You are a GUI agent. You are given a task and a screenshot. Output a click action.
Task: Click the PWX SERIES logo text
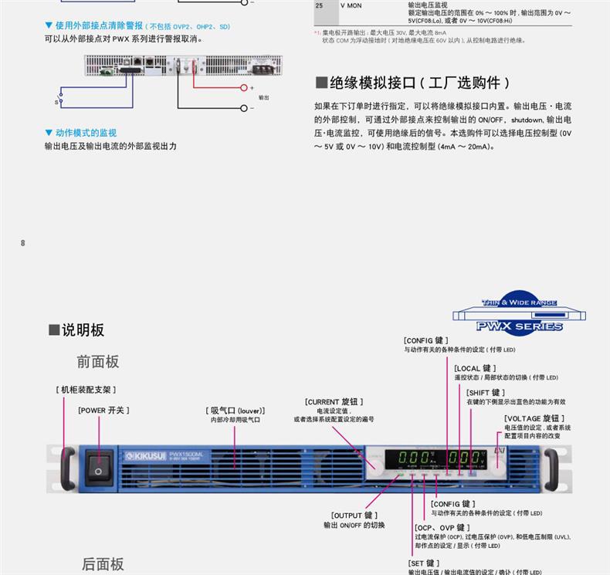tap(519, 326)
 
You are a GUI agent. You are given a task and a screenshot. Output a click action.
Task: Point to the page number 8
tap(22, 243)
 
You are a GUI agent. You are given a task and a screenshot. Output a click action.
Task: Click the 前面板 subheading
tap(97, 361)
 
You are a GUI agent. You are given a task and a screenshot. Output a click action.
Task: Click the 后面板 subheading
tap(103, 564)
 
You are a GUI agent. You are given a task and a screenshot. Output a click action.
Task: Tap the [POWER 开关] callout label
tap(103, 410)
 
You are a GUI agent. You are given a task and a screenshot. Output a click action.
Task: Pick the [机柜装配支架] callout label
tap(86, 390)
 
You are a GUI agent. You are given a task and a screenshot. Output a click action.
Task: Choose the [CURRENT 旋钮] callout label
tap(334, 401)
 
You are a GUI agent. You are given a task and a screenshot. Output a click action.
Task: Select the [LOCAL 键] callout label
tap(475, 368)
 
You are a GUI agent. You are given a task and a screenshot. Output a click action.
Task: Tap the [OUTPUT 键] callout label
tap(354, 515)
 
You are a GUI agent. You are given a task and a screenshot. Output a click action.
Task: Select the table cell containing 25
tap(320, 5)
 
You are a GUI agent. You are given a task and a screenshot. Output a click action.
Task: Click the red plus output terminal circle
tap(242, 88)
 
